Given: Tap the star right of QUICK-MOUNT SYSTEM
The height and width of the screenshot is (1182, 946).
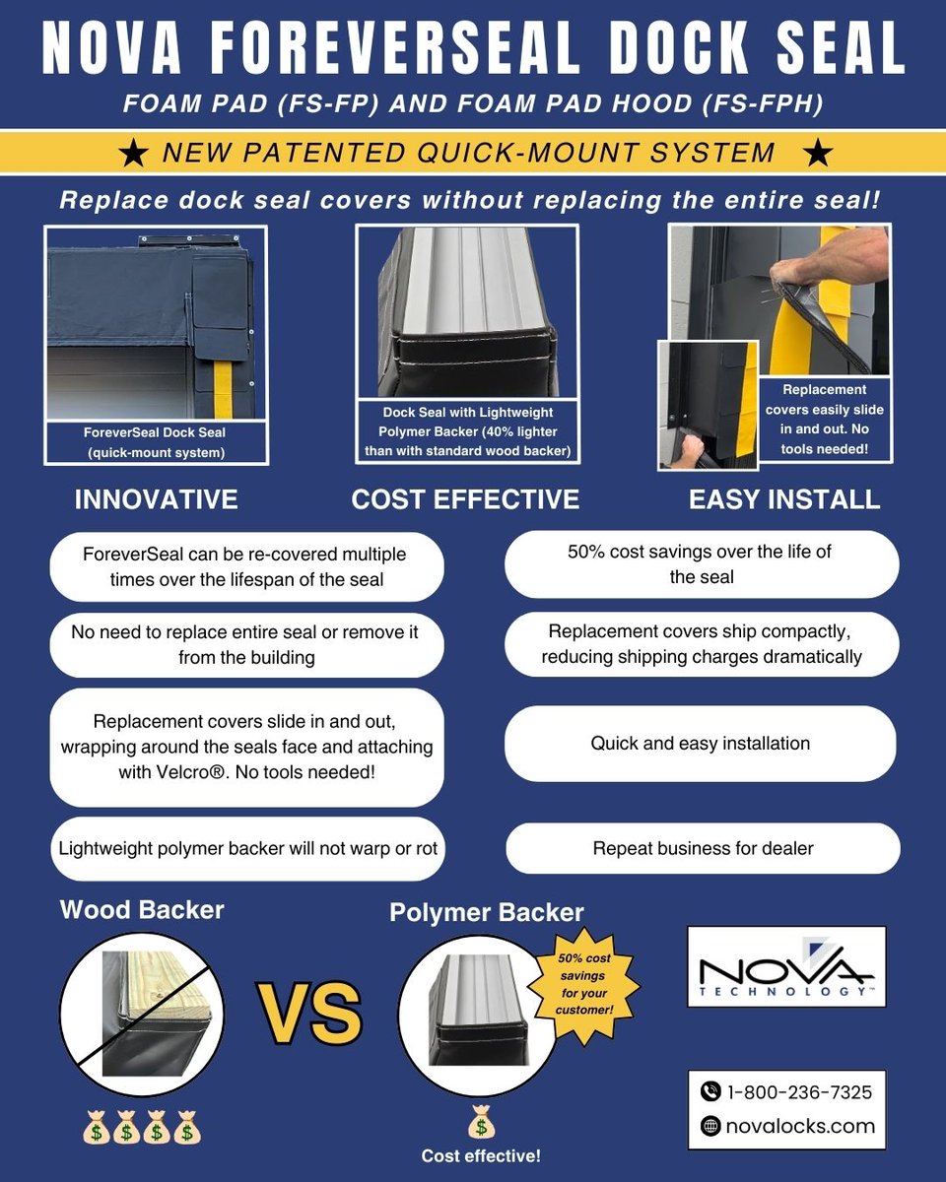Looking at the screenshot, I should tap(818, 153).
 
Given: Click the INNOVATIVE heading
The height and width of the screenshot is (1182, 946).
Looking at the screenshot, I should tap(156, 499).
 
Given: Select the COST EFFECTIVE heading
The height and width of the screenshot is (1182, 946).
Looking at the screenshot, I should tap(465, 499).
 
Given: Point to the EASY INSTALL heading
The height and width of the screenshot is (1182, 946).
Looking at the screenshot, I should tap(783, 499).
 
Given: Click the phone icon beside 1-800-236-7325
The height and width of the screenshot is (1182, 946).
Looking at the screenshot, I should tap(710, 1091).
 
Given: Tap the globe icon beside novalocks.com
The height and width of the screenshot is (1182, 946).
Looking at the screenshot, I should tap(710, 1126).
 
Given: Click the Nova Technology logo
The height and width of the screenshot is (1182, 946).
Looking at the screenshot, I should tap(786, 966).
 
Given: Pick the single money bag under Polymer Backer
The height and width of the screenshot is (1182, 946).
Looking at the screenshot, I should tap(480, 1122).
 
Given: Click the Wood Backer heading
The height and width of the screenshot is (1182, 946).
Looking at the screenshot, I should tap(142, 909).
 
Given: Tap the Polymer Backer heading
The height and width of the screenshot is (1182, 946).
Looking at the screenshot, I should tap(487, 912).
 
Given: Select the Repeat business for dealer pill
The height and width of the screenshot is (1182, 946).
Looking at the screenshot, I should tap(703, 848).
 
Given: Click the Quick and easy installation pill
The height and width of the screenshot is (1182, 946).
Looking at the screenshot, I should tap(701, 744).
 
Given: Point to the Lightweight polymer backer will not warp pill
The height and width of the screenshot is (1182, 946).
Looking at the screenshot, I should tap(247, 848).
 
